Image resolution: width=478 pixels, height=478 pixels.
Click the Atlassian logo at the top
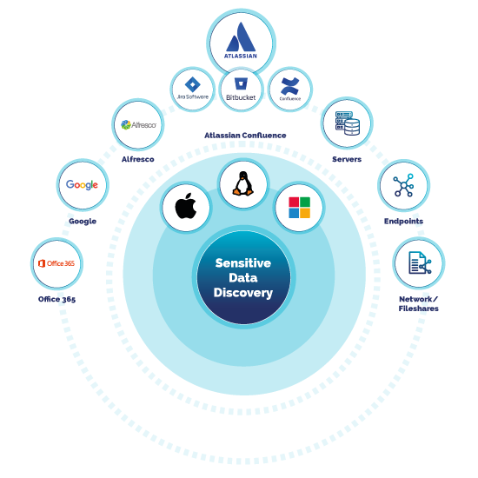click(241, 41)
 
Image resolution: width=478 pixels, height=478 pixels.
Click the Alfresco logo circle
click(138, 125)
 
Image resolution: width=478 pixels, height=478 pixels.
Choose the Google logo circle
click(82, 184)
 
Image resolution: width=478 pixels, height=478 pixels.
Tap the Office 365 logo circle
click(56, 262)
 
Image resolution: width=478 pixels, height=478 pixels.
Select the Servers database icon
click(347, 123)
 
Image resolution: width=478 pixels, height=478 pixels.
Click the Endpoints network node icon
click(403, 185)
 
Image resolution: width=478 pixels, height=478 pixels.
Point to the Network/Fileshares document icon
click(419, 262)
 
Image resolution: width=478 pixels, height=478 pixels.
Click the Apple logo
click(186, 207)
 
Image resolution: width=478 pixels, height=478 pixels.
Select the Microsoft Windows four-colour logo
click(299, 208)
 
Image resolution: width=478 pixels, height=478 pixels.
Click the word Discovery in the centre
click(243, 293)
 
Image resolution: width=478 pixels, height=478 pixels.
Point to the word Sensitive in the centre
click(243, 262)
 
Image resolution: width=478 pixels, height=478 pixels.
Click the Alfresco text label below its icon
click(137, 160)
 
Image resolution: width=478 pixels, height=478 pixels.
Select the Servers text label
click(347, 160)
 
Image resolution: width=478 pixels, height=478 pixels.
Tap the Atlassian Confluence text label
click(245, 136)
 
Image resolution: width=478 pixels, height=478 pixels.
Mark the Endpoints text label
click(403, 222)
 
